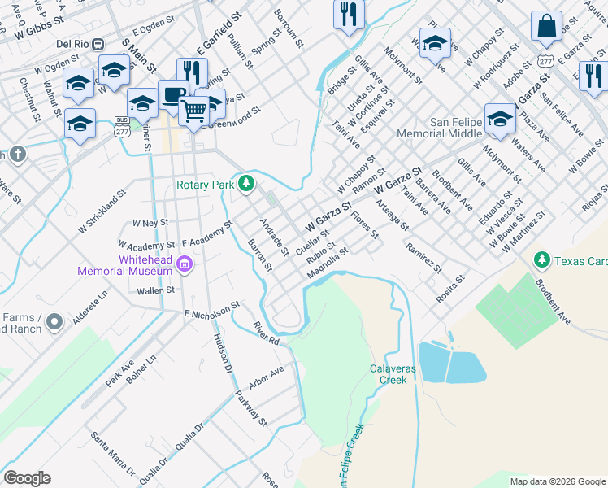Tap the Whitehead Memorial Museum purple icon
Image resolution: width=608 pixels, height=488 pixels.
[185, 264]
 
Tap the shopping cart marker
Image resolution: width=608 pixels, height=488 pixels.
[193, 110]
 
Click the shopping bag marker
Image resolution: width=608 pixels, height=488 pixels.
[546, 25]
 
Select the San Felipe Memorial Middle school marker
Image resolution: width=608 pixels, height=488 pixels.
[500, 119]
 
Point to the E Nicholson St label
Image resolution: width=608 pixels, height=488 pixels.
[212, 310]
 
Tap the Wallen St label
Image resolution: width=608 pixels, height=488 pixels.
[155, 290]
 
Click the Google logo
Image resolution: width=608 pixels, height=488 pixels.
[28, 478]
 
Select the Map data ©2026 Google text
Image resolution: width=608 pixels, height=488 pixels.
[557, 481]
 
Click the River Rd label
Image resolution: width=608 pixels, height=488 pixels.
[266, 333]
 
